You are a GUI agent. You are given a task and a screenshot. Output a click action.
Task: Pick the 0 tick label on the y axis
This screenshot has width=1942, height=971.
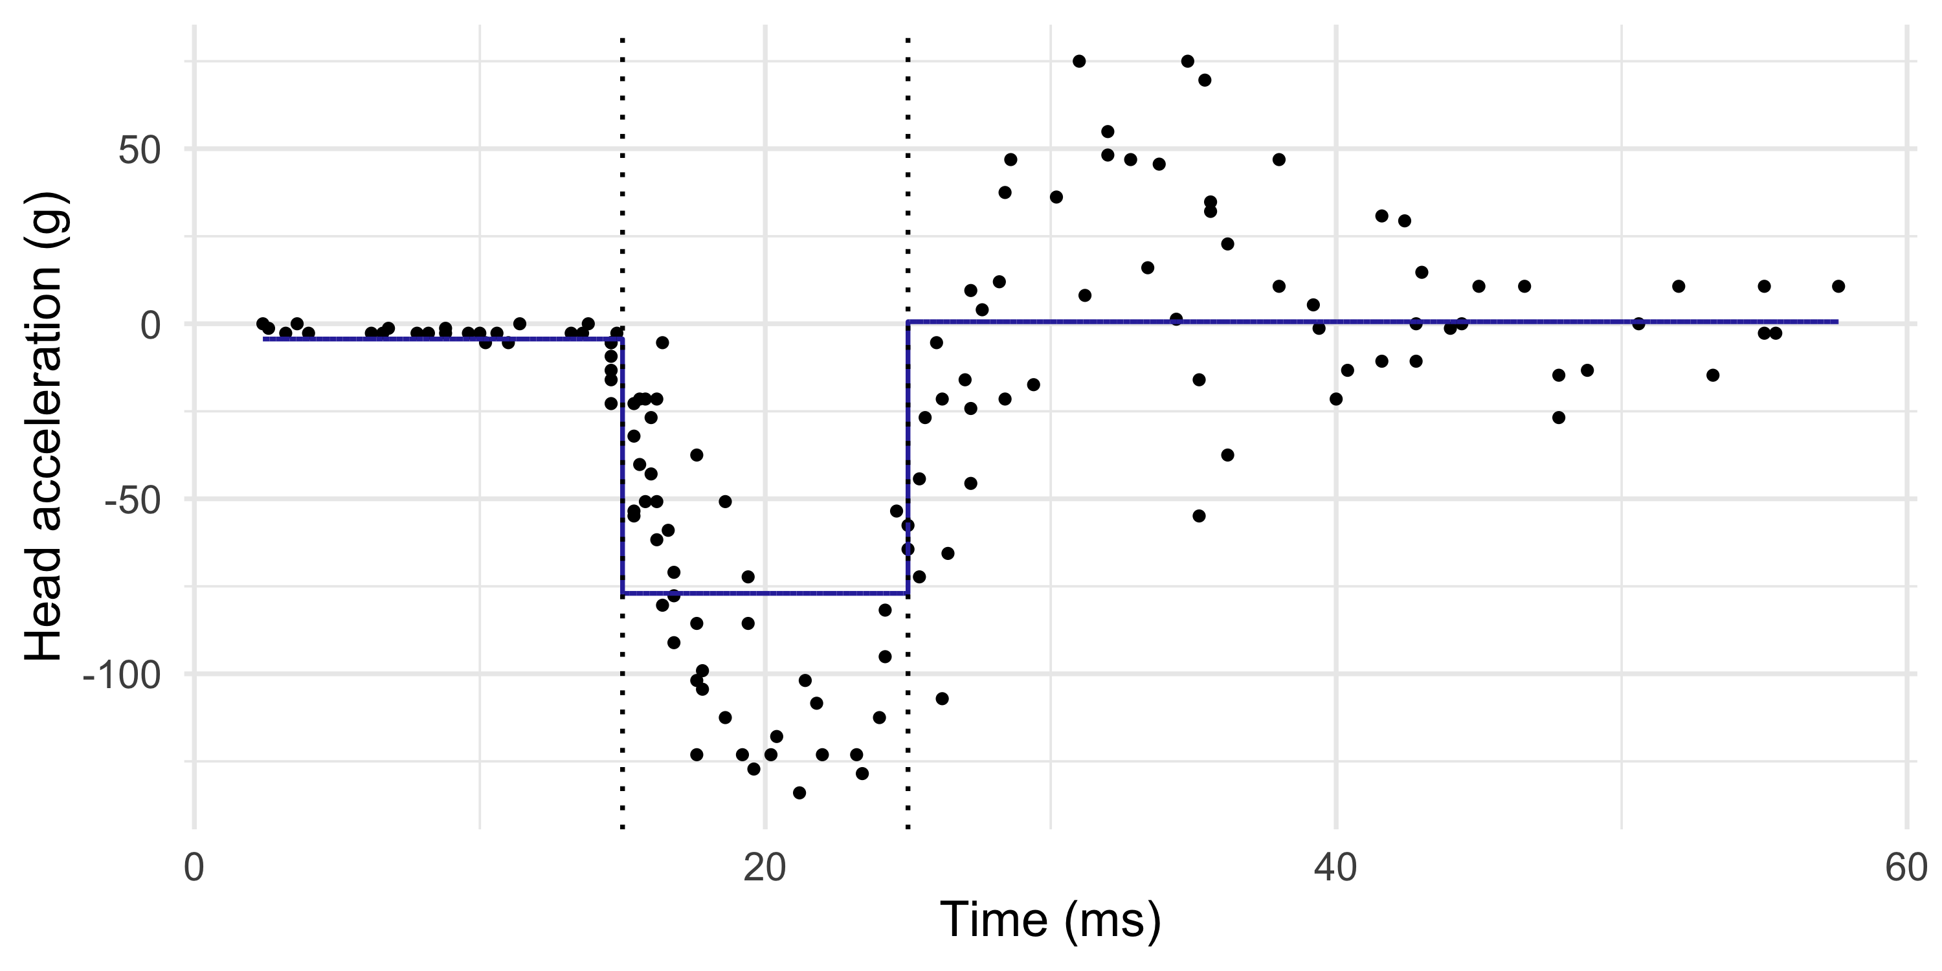[151, 326]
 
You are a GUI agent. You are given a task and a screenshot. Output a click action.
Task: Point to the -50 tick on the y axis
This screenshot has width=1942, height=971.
[133, 500]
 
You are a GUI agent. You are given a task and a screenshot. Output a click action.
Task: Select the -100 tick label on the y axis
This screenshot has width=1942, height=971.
[122, 675]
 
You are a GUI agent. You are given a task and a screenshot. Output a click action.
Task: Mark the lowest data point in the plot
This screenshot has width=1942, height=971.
[799, 792]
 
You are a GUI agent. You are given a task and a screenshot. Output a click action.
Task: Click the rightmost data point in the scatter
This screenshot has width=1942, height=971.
[1838, 287]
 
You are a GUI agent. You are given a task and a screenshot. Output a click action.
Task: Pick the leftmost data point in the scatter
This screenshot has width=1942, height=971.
[262, 324]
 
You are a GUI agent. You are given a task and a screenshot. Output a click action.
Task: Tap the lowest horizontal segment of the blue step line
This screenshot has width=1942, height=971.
[765, 594]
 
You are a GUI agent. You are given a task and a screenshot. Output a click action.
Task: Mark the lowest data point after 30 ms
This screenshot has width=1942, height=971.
[1199, 516]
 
